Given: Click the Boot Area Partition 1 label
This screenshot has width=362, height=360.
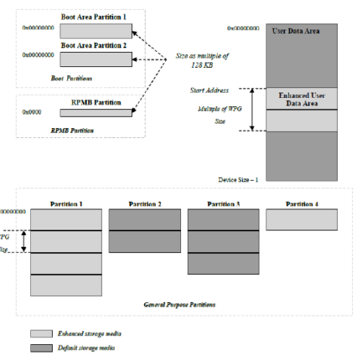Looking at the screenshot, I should pos(95,17).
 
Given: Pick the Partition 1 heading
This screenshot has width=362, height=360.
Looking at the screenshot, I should pos(66,204).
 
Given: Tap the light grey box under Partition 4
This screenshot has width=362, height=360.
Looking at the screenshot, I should pos(301,218).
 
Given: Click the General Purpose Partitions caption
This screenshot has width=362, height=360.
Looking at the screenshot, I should pos(179,305).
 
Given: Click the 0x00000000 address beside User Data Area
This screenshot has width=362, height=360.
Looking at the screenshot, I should pos(244,29).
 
